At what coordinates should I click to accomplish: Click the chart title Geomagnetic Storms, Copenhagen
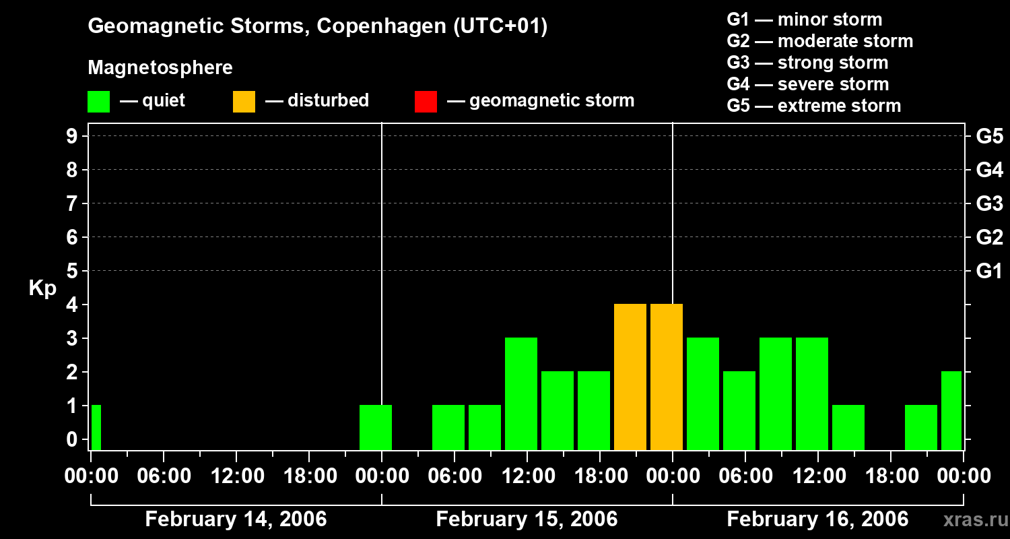pyautogui.click(x=317, y=26)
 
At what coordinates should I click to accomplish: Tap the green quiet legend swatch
pyautogui.click(x=98, y=101)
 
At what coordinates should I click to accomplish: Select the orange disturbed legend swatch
pyautogui.click(x=244, y=101)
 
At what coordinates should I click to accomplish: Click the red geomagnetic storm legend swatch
pyautogui.click(x=426, y=101)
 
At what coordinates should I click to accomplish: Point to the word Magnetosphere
pyautogui.click(x=160, y=68)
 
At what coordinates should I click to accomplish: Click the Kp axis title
pyautogui.click(x=42, y=288)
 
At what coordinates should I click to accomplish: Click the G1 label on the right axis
pyautogui.click(x=989, y=272)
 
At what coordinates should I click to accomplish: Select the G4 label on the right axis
pyautogui.click(x=989, y=170)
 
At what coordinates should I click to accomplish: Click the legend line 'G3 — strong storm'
pyautogui.click(x=807, y=63)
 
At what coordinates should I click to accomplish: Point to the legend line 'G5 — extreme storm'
pyautogui.click(x=813, y=106)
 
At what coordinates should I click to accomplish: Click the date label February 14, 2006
pyautogui.click(x=236, y=519)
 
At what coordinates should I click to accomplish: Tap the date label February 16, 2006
pyautogui.click(x=817, y=519)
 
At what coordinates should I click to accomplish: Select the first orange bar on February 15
pyautogui.click(x=630, y=377)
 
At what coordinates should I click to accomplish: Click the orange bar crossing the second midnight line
pyautogui.click(x=667, y=377)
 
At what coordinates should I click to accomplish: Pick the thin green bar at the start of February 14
pyautogui.click(x=96, y=428)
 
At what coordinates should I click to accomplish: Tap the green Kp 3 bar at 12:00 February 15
pyautogui.click(x=521, y=394)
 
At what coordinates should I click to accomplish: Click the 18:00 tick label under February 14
pyautogui.click(x=308, y=476)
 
